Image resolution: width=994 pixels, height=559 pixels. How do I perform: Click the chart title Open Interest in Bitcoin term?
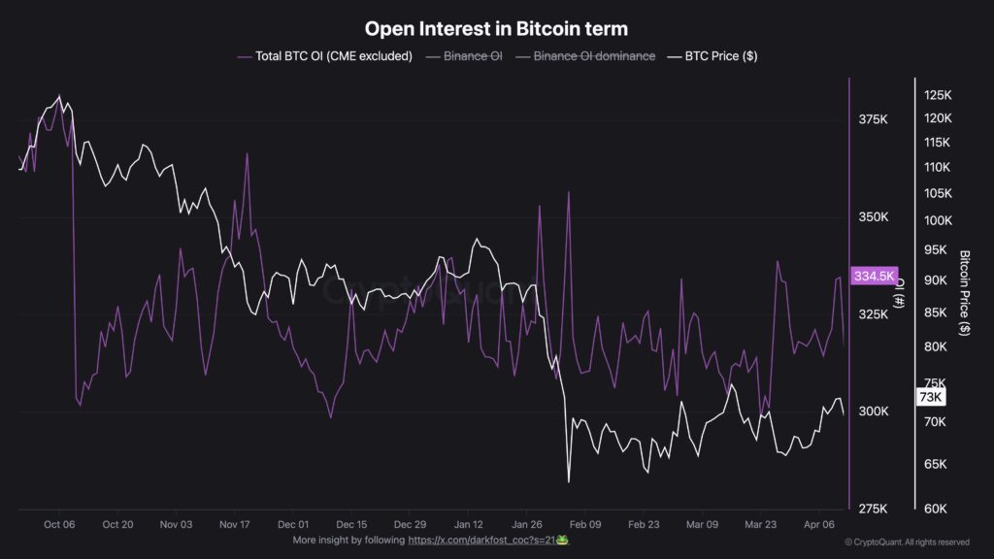click(x=496, y=28)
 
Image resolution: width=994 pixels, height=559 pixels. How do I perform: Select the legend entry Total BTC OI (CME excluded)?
click(x=324, y=56)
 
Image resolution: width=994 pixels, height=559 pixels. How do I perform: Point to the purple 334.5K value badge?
click(x=874, y=277)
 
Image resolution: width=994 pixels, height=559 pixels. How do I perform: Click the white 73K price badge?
click(x=930, y=397)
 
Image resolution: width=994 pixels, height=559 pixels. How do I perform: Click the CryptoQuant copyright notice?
click(x=907, y=543)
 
